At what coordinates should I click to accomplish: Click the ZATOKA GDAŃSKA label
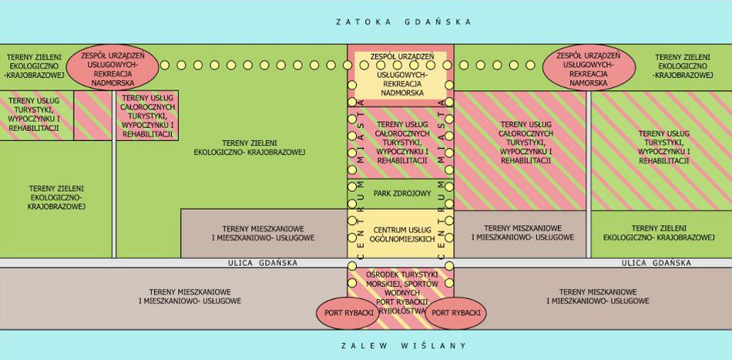(x=404, y=22)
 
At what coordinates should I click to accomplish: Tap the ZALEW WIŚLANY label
(x=403, y=345)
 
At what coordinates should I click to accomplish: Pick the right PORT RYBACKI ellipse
(x=455, y=313)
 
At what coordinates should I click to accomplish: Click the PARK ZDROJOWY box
(x=401, y=193)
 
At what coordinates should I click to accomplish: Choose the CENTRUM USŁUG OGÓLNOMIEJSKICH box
(x=401, y=235)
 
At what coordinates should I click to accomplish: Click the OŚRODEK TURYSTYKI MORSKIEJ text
(x=401, y=284)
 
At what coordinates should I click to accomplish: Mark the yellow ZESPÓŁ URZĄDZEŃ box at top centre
(x=401, y=74)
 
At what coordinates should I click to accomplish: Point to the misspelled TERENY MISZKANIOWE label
(x=522, y=234)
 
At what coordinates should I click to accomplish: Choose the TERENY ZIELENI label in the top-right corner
(x=680, y=66)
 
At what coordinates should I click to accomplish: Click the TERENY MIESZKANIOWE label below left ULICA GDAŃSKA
(x=190, y=296)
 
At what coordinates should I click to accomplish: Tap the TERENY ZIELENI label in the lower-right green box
(x=660, y=234)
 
